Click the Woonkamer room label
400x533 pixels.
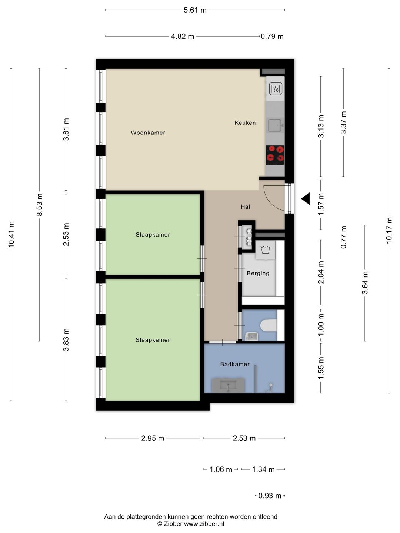pyautogui.click(x=148, y=133)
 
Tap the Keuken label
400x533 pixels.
pyautogui.click(x=245, y=123)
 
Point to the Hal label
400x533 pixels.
pyautogui.click(x=245, y=207)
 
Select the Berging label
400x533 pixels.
pyautogui.click(x=258, y=273)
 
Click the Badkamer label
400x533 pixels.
pyautogui.click(x=234, y=364)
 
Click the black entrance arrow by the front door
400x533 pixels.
pyautogui.click(x=306, y=198)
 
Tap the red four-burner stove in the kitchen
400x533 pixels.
pyautogui.click(x=275, y=155)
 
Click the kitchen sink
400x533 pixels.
pyautogui.click(x=275, y=125)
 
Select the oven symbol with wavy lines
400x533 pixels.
pyautogui.click(x=276, y=88)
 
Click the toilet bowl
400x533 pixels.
pyautogui.click(x=268, y=325)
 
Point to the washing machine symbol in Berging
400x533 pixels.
pyautogui.click(x=265, y=249)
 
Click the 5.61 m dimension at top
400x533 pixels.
pyautogui.click(x=195, y=10)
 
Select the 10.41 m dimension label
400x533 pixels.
pyautogui.click(x=11, y=234)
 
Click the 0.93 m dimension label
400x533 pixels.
pyautogui.click(x=270, y=496)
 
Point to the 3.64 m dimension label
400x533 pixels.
pyautogui.click(x=365, y=283)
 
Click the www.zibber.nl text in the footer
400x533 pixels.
pyautogui.click(x=204, y=524)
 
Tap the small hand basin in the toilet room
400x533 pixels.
pyautogui.click(x=251, y=336)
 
